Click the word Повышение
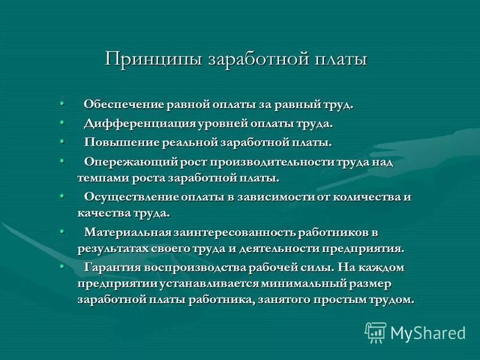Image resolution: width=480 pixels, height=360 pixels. pos(118,143)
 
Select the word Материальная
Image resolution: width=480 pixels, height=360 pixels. pos(128,232)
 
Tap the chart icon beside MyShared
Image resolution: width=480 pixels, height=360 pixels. pos(376,332)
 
